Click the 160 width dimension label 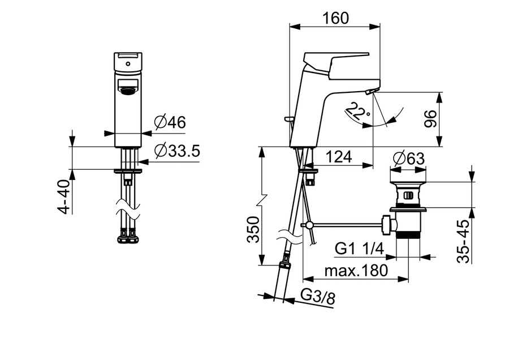(335, 18)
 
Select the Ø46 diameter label (170, 122)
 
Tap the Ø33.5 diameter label (177, 151)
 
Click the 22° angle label (356, 111)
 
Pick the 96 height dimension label (430, 119)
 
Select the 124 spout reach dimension (339, 157)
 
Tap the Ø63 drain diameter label (408, 158)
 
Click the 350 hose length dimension (253, 230)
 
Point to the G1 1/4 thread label (359, 249)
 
